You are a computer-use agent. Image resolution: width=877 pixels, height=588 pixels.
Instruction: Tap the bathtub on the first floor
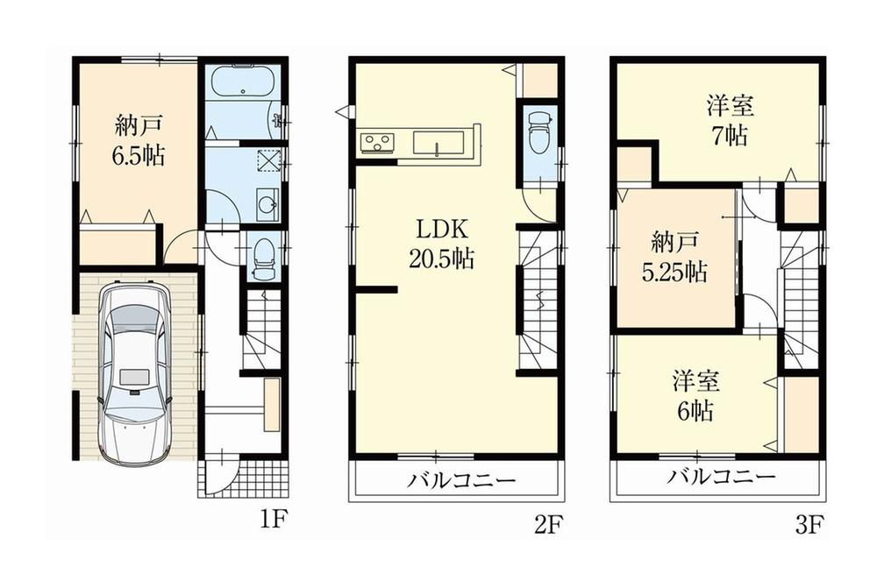[x=244, y=85]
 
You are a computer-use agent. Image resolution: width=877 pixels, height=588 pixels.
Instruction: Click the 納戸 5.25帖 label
[x=674, y=256]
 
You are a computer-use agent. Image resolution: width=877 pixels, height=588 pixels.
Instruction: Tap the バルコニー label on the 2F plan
[x=461, y=479]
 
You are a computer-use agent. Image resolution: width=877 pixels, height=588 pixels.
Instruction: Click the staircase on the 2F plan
[x=538, y=298]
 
